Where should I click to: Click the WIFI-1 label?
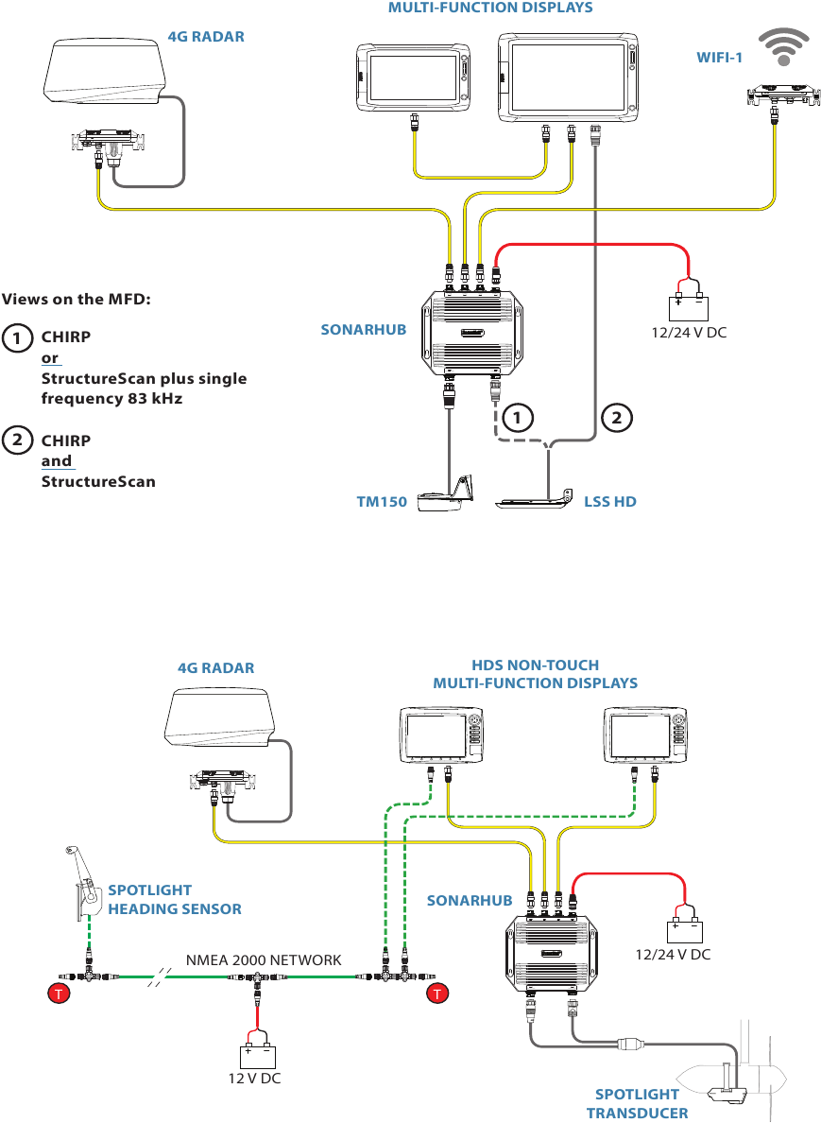click(720, 58)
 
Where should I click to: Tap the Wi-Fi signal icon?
click(783, 48)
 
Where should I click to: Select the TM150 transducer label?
click(381, 502)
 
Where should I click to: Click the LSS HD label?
click(610, 502)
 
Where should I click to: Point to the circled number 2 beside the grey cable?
click(615, 415)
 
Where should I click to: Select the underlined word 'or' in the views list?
click(50, 358)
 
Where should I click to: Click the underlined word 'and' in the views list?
click(57, 461)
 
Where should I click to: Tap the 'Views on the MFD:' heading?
click(77, 300)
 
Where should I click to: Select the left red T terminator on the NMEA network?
click(59, 993)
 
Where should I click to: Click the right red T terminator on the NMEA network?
click(436, 993)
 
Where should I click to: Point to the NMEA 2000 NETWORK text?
click(264, 959)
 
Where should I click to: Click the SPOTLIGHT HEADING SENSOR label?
click(174, 899)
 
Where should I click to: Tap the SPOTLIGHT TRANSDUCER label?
click(637, 1103)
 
